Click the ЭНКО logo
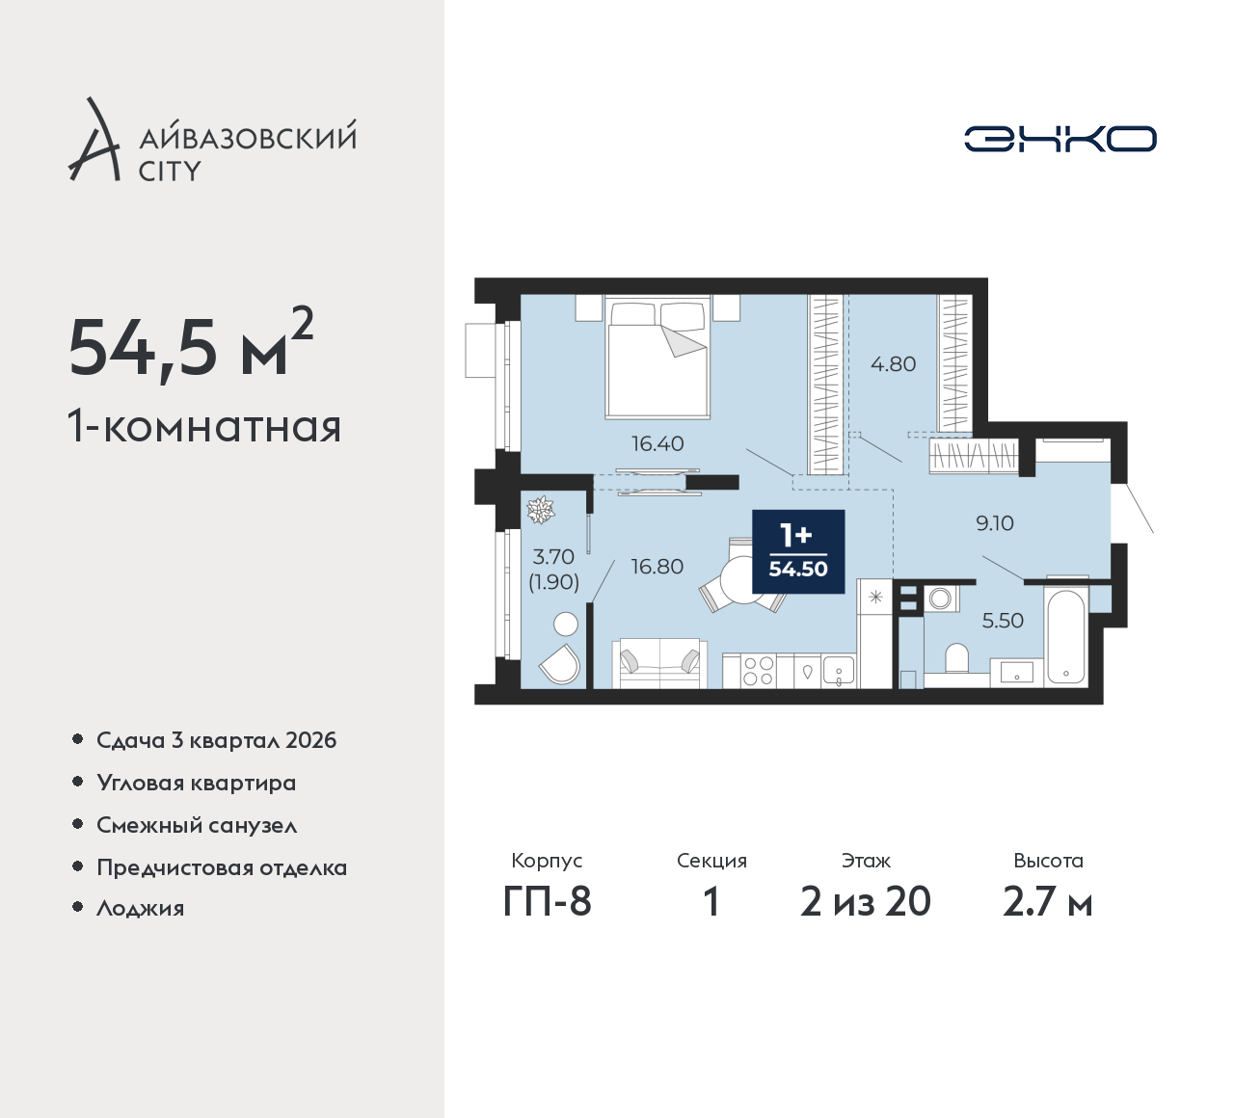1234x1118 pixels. click(x=1060, y=139)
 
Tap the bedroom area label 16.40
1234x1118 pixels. click(x=657, y=443)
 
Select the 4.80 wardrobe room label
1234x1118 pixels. click(x=894, y=364)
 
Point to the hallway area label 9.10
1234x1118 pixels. click(x=995, y=523)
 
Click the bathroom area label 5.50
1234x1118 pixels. click(x=1003, y=621)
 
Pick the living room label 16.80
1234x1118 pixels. click(x=657, y=567)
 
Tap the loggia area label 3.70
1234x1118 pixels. click(x=553, y=556)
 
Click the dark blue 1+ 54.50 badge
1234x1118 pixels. click(x=798, y=551)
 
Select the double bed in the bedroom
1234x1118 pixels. click(x=657, y=358)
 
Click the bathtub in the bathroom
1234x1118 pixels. click(x=1066, y=637)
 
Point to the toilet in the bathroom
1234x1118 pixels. click(x=956, y=658)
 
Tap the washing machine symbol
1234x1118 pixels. click(x=940, y=599)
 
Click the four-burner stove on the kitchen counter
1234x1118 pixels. click(x=758, y=671)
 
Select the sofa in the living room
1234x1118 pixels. click(x=660, y=665)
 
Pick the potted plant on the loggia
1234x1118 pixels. click(x=541, y=510)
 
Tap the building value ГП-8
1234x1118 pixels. click(x=548, y=902)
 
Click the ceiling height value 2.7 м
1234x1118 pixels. click(x=1048, y=902)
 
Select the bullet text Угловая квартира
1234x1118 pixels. click(x=197, y=784)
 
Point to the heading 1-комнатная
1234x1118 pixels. click(x=204, y=427)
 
